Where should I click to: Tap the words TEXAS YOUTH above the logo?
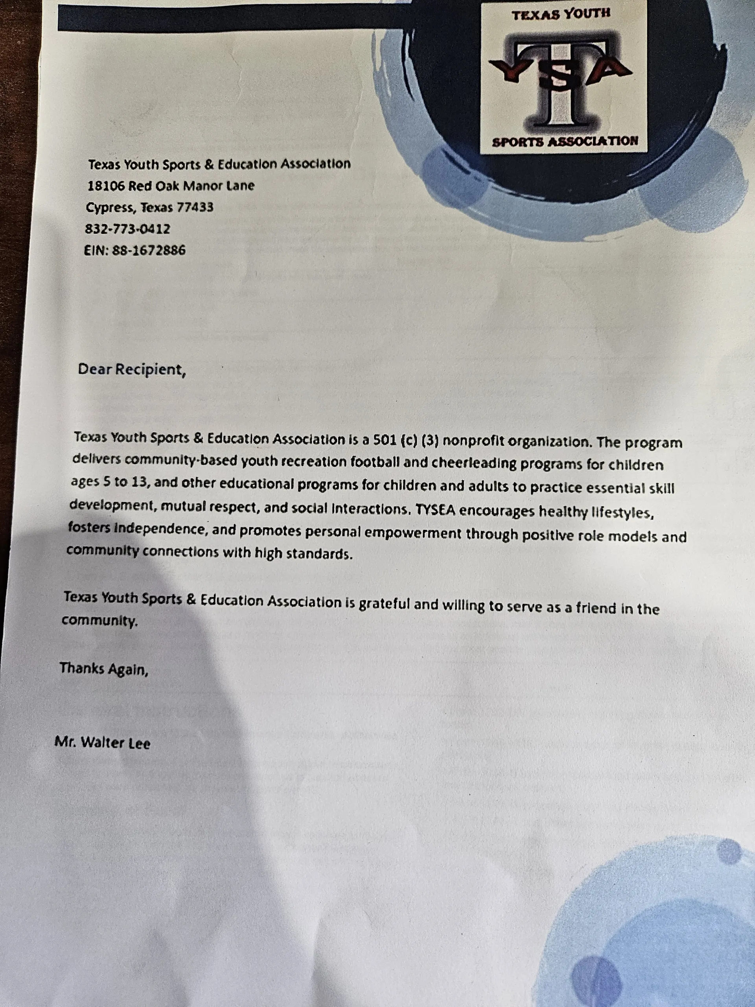tap(561, 15)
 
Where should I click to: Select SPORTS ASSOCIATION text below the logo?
tap(565, 141)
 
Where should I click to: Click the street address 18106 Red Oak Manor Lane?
tap(171, 186)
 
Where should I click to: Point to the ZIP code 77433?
tap(195, 208)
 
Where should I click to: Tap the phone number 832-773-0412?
tap(127, 229)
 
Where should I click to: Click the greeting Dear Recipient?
tap(132, 369)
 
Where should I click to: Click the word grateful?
tap(385, 604)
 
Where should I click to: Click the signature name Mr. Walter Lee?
tap(102, 743)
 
